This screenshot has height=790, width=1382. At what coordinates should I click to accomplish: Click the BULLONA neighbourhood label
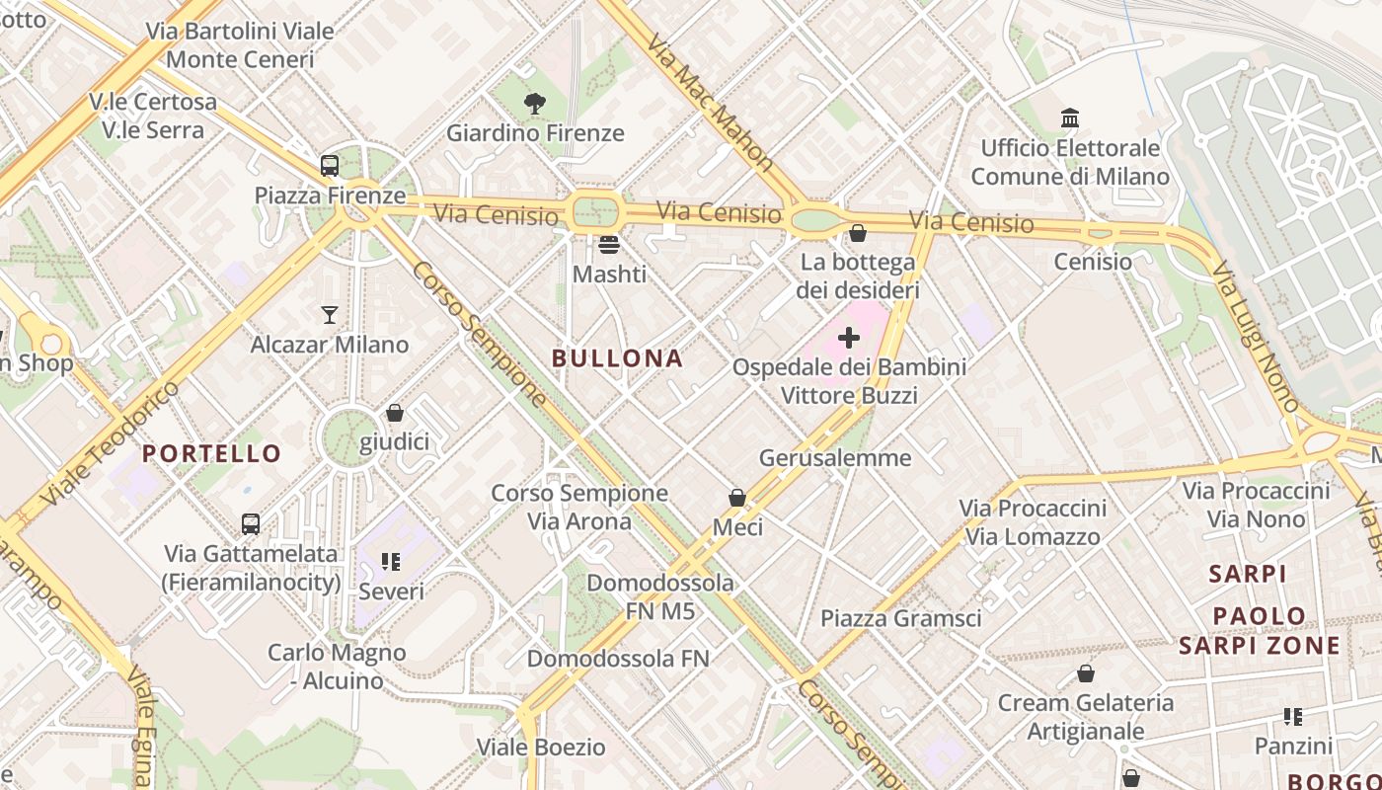pos(617,358)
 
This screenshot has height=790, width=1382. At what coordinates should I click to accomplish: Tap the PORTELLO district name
pos(212,454)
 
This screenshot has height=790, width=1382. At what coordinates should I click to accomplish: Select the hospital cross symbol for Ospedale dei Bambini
pos(848,338)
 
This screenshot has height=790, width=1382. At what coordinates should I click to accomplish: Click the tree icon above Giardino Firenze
pos(535,103)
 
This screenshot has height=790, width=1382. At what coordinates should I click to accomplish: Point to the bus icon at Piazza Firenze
pos(330,166)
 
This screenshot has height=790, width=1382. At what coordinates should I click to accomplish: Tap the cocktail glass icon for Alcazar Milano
pos(330,315)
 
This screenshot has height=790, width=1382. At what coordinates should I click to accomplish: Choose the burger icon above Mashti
pos(609,244)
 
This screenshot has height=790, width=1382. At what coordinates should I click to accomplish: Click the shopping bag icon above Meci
pos(737,498)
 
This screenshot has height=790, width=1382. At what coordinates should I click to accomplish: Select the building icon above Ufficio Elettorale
pos(1070,118)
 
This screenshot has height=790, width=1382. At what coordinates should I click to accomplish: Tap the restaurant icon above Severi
pos(391,562)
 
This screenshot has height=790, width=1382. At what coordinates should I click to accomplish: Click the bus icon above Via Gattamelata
pos(251,523)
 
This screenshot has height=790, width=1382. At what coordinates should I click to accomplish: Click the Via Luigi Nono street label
pos(1256,337)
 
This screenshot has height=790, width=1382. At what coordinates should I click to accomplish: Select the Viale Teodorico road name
pos(111,442)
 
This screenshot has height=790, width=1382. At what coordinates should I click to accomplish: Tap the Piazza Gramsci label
pos(901,619)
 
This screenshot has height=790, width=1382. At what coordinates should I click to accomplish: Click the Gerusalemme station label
pos(835,458)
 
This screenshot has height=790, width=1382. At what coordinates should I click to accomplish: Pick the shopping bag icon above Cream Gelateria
pos(1086,673)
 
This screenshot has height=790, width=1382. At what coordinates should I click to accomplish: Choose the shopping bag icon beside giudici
pos(395,413)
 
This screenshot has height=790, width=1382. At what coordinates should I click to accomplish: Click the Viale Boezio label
pos(541,748)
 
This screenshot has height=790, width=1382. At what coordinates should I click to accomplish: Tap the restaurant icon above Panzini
pos(1293,717)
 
